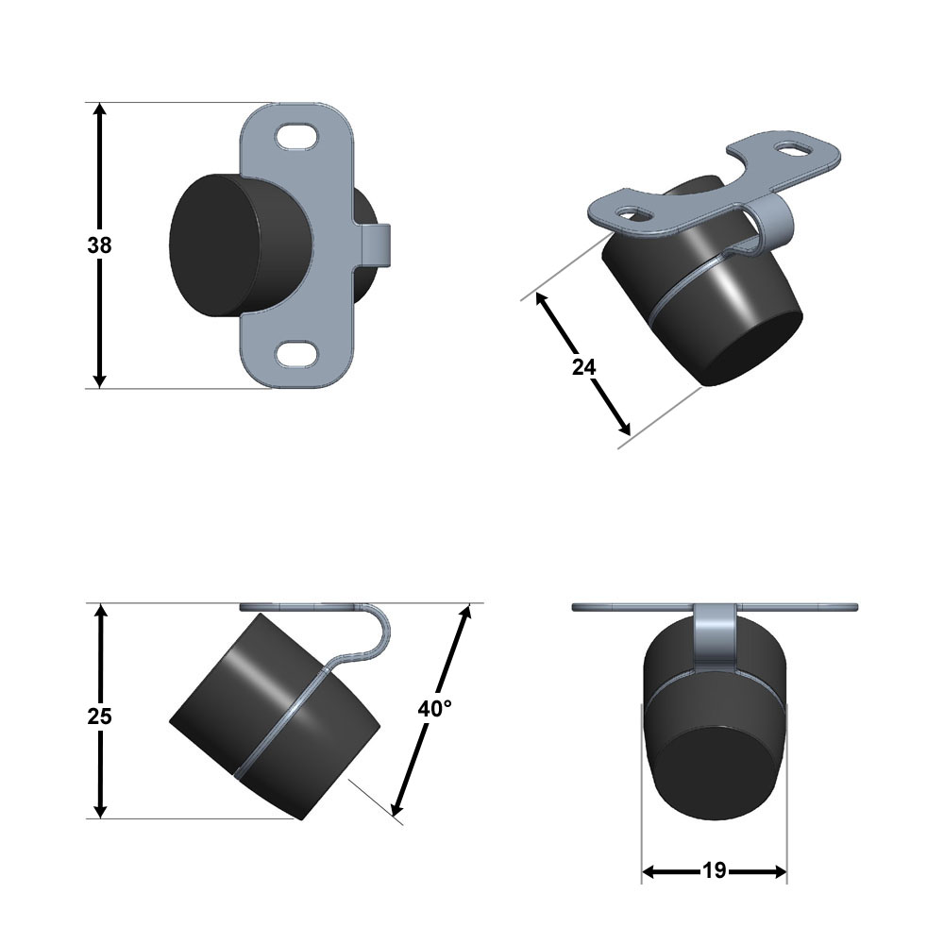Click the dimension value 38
pyautogui.click(x=99, y=245)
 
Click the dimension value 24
pyautogui.click(x=583, y=366)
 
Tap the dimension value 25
pyautogui.click(x=99, y=716)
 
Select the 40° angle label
pyautogui.click(x=434, y=709)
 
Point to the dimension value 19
pyautogui.click(x=714, y=870)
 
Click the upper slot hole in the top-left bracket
pyautogui.click(x=296, y=135)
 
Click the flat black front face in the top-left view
pyautogui.click(x=213, y=245)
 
